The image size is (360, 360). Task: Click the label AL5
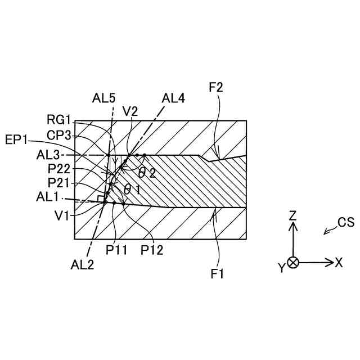(x=106, y=98)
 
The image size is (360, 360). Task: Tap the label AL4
(x=173, y=98)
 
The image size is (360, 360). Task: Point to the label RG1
(x=60, y=120)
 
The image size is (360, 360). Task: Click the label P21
(x=60, y=183)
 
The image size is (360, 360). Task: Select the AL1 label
(x=52, y=197)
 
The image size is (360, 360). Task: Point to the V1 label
(x=64, y=214)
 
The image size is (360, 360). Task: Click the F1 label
(x=218, y=274)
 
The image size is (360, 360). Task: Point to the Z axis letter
(x=292, y=215)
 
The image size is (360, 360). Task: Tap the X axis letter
(x=339, y=263)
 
